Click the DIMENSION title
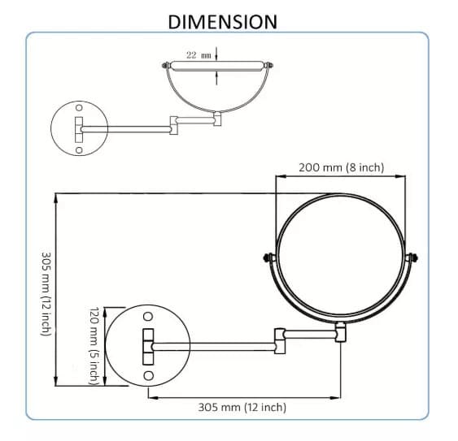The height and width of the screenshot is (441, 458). [222, 20]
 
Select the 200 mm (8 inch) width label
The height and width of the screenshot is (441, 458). [341, 168]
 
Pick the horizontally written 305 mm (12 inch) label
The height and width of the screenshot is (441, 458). [242, 407]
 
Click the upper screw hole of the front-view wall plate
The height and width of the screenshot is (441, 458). [148, 316]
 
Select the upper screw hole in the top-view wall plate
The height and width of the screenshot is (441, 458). [79, 107]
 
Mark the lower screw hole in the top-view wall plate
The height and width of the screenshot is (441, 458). [79, 149]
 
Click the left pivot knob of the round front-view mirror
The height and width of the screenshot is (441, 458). [267, 259]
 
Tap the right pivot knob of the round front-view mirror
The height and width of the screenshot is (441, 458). [413, 259]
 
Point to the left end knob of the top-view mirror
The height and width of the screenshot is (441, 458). [166, 66]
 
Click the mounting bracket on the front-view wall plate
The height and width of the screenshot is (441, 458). [148, 346]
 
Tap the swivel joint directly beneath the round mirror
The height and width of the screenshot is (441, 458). [340, 331]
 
